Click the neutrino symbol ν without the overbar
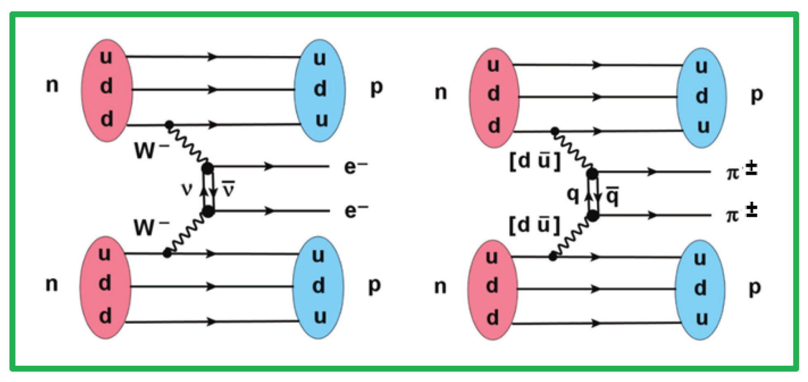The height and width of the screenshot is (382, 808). pos(187,189)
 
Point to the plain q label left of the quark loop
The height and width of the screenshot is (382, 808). pos(573,193)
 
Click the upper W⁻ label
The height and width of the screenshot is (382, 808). pos(151,150)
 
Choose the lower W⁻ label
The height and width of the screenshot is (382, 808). pos(151,227)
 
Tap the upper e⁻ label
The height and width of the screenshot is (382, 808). pos(355,167)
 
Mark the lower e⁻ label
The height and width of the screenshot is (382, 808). pos(355,210)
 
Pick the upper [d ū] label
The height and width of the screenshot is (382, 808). pos(535,161)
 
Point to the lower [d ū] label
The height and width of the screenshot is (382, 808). pos(535,225)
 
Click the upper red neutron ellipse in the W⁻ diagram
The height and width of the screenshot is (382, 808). pos(107,90)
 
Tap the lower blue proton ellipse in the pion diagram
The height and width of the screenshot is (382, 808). pos(700,289)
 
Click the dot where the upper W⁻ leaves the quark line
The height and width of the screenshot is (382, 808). pos(169,124)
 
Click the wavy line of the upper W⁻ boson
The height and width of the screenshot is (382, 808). pos(188,145)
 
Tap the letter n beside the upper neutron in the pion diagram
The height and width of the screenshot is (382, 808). pos(441,93)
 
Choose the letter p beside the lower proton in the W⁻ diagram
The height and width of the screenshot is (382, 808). pos(374,285)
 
